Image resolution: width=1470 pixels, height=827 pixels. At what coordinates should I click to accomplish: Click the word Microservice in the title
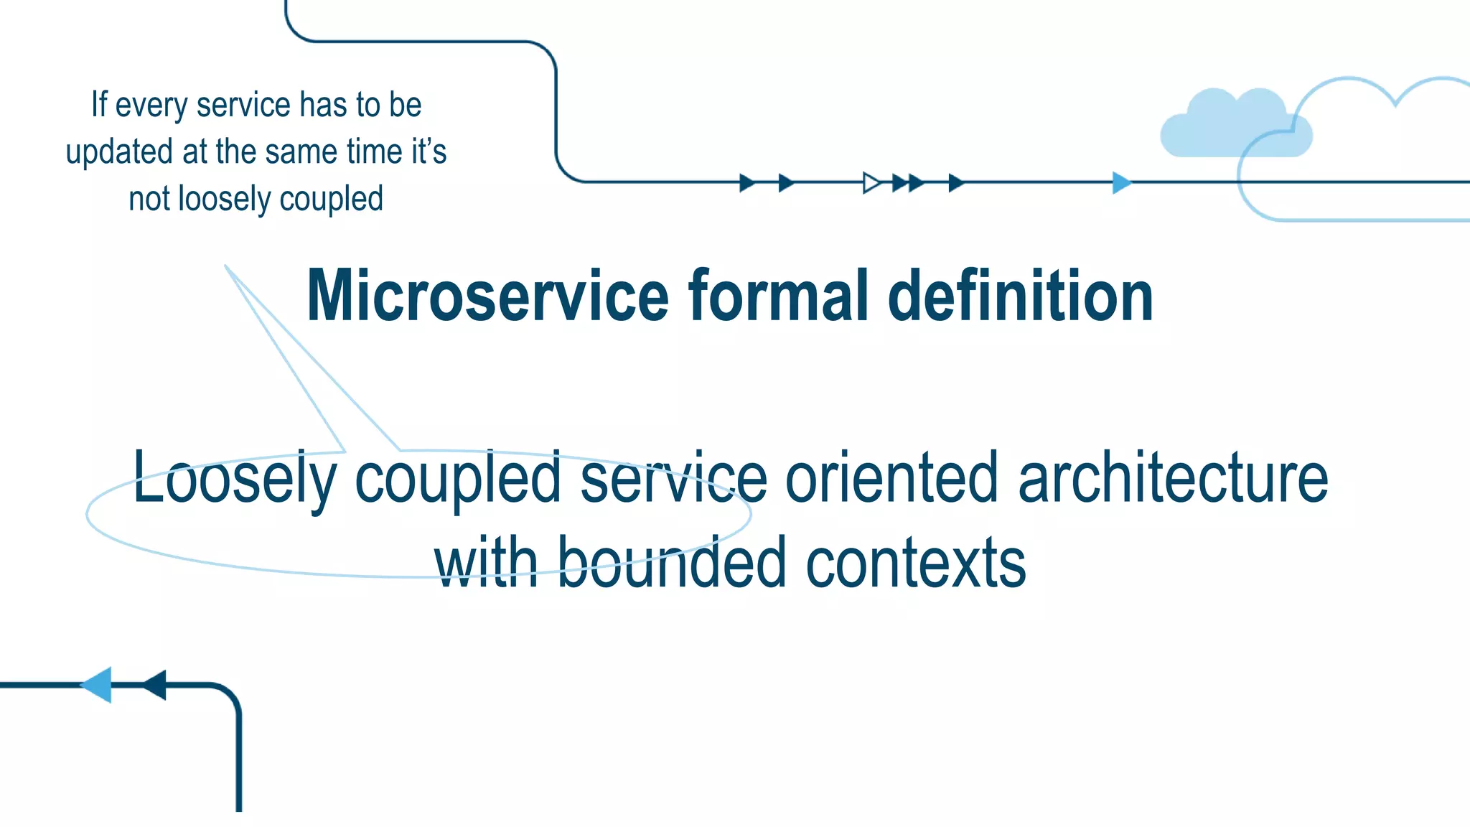[x=487, y=296]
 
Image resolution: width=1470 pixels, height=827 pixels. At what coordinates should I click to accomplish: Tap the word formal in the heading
[x=779, y=296]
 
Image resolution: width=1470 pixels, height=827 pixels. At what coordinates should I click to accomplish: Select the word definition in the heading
[x=1020, y=296]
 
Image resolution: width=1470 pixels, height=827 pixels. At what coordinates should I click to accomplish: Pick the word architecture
[x=1173, y=478]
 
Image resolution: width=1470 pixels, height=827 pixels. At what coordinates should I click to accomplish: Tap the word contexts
[x=915, y=563]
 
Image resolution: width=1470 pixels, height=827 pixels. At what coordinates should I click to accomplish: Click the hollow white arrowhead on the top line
[x=871, y=182]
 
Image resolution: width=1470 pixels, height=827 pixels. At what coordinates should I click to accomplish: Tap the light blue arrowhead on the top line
[x=1120, y=182]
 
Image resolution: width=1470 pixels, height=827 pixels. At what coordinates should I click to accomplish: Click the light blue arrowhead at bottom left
[x=98, y=685]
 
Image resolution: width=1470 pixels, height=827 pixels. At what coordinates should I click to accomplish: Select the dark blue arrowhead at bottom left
[x=156, y=685]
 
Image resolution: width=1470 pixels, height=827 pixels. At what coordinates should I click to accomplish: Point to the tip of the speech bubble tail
[x=226, y=266]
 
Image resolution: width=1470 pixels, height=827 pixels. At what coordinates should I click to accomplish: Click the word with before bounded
[x=486, y=563]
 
